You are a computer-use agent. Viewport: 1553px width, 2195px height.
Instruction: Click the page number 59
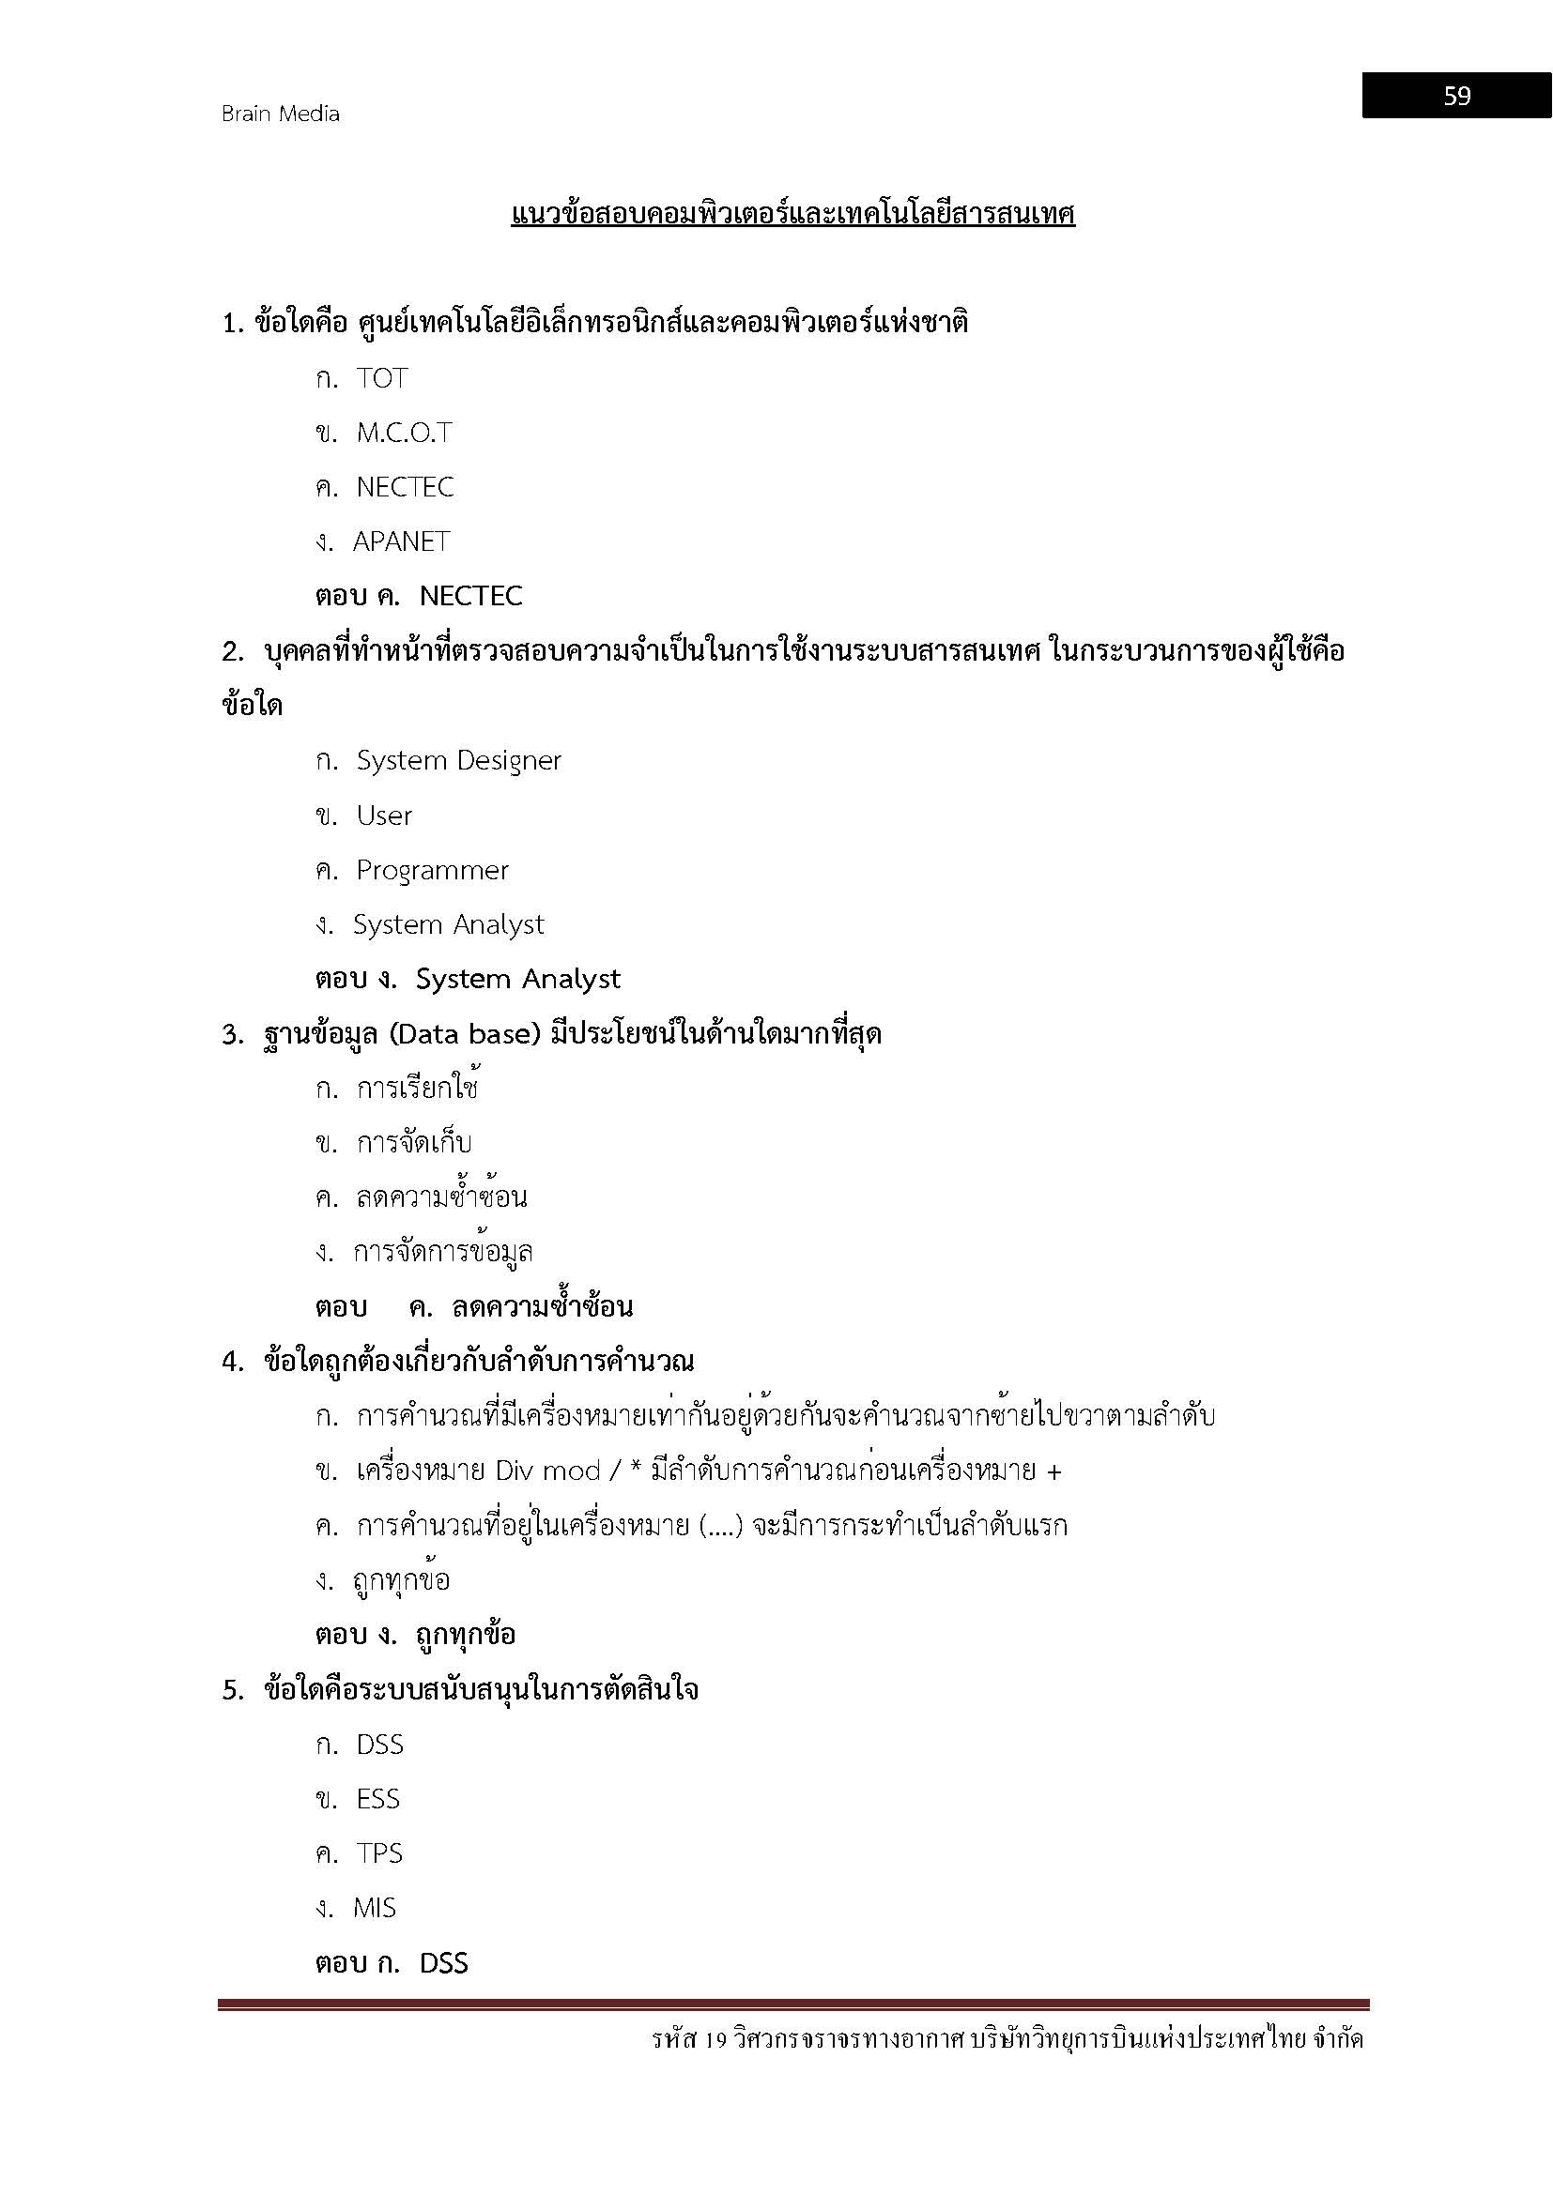pyautogui.click(x=1456, y=96)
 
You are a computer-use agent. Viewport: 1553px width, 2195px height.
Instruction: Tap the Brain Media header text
pyautogui.click(x=280, y=114)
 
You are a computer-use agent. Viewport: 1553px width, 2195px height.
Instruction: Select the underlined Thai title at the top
pyautogui.click(x=792, y=214)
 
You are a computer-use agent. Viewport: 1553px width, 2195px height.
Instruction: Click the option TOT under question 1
pyautogui.click(x=382, y=378)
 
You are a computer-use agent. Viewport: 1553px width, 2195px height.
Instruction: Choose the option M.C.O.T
pyautogui.click(x=404, y=433)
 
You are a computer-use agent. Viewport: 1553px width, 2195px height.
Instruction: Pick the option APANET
pyautogui.click(x=401, y=542)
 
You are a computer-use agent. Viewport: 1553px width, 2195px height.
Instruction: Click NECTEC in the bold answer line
pyautogui.click(x=470, y=597)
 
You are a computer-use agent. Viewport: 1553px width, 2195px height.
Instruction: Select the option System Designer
pyautogui.click(x=458, y=761)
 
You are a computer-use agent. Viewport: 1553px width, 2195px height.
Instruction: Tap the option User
pyautogui.click(x=383, y=816)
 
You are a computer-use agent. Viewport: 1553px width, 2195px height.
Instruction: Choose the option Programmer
pyautogui.click(x=432, y=870)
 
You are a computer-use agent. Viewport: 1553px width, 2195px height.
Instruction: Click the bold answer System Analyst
pyautogui.click(x=517, y=979)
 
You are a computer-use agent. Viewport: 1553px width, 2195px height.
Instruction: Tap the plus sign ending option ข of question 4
pyautogui.click(x=1053, y=1471)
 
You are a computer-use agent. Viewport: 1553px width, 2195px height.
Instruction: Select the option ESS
pyautogui.click(x=377, y=1799)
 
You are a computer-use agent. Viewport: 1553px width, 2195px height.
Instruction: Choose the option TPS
pyautogui.click(x=378, y=1853)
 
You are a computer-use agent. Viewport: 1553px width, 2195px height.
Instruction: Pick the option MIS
pyautogui.click(x=374, y=1908)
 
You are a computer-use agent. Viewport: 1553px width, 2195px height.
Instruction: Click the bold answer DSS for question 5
pyautogui.click(x=444, y=1963)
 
